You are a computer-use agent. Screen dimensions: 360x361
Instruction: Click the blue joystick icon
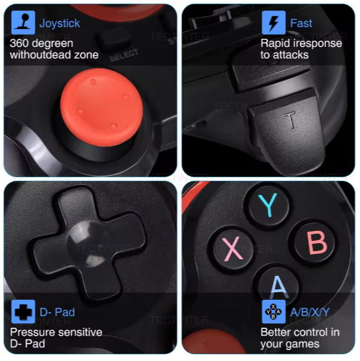pos(23,22)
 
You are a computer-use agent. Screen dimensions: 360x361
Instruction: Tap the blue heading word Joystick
pos(60,23)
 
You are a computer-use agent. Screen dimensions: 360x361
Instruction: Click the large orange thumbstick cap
pos(101,107)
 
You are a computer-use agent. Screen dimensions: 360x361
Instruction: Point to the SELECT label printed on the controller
pos(123,56)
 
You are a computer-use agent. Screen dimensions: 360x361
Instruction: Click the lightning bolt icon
pos(274,22)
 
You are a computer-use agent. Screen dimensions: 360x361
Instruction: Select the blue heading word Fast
pos(301,23)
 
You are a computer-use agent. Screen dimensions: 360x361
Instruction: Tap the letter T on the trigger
pos(290,120)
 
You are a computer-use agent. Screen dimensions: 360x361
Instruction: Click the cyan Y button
pos(267,205)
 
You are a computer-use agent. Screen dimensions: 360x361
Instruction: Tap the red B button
pos(317,243)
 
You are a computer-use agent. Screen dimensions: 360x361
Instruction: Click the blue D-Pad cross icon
pos(23,312)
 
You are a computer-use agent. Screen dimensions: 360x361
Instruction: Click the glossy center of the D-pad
pos(89,244)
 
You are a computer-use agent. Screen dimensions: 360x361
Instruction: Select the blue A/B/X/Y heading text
pos(310,312)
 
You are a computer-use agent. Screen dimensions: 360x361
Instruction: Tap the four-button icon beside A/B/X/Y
pos(274,312)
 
